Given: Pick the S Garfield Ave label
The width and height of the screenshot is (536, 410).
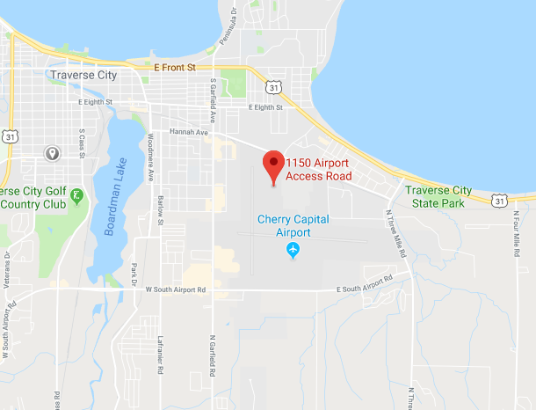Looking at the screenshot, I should [x=214, y=99].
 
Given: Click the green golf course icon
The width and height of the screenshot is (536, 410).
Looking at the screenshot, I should [x=76, y=195].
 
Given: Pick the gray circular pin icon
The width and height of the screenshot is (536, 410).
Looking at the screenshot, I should [x=52, y=154].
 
